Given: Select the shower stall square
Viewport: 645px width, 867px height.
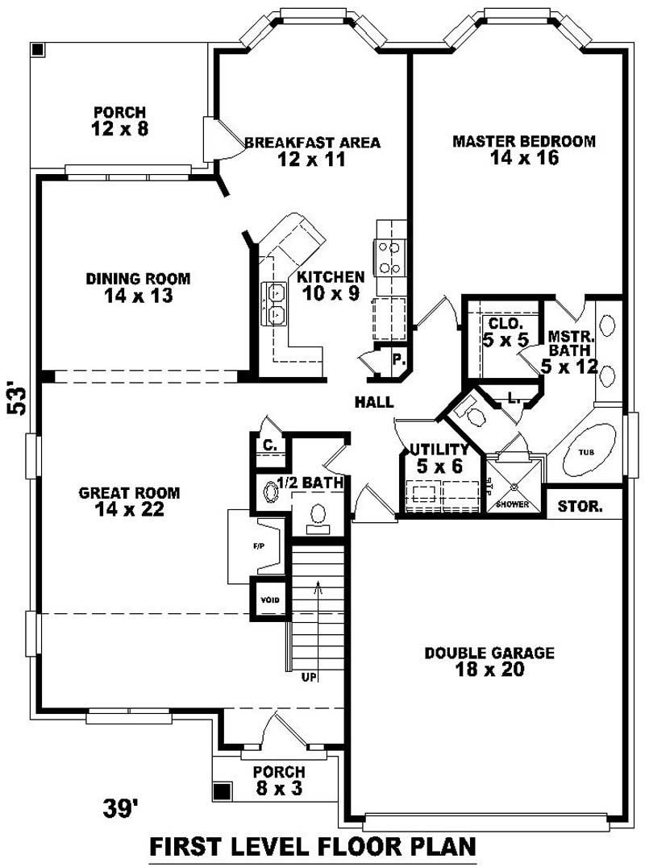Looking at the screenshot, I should point(513,484).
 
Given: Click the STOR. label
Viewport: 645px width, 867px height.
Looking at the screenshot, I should point(580,507).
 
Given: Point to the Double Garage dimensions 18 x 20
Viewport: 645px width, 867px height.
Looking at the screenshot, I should point(489,670).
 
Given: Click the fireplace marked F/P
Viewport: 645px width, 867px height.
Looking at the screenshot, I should point(259,547).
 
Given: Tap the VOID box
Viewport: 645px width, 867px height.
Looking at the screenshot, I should point(268,600).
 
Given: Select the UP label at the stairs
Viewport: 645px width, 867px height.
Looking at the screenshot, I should point(310,677).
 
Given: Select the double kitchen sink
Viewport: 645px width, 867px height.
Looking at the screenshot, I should point(274,303).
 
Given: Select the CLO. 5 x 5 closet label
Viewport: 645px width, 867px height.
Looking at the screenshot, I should point(506,332).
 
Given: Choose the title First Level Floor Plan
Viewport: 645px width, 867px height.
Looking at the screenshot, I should point(313,847).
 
